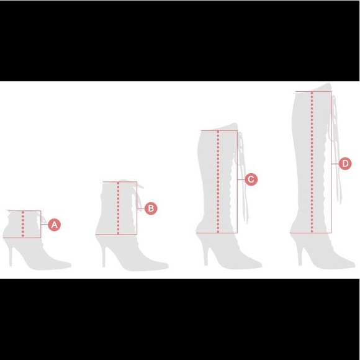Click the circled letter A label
tap(55, 225)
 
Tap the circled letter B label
tap(151, 209)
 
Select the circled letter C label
tap(251, 179)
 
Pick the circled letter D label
tap(345, 164)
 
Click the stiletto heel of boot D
tap(300, 253)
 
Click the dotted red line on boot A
tap(23, 225)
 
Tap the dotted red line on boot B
tap(118, 209)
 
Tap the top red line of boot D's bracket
tap(313, 92)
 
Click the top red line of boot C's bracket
tap(218, 130)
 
